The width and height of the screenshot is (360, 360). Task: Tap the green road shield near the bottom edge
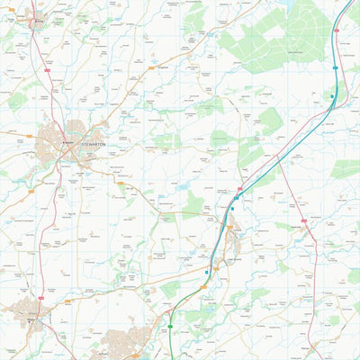tap(169, 327)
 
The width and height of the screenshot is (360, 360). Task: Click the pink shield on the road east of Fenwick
tap(303, 220)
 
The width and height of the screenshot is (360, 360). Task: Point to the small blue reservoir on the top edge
tap(286, 4)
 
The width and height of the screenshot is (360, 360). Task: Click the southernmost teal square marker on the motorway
tap(207, 271)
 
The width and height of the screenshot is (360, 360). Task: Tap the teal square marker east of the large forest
tap(332, 95)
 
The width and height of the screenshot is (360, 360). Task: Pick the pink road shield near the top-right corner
tap(337, 31)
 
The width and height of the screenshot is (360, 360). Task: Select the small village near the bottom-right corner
tap(310, 346)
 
